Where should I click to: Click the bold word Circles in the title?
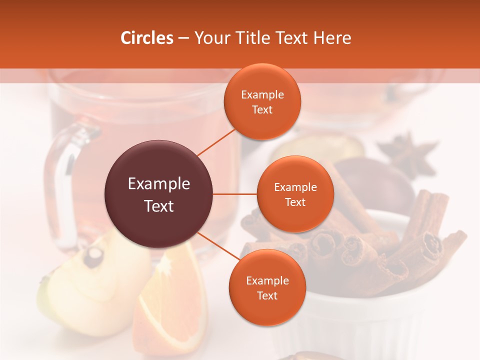click(x=147, y=38)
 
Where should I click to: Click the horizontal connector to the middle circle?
click(x=235, y=194)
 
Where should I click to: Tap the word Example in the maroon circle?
click(x=159, y=184)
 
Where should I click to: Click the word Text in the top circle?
click(x=262, y=109)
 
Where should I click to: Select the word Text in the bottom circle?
click(x=267, y=295)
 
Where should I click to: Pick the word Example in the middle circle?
click(x=295, y=187)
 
